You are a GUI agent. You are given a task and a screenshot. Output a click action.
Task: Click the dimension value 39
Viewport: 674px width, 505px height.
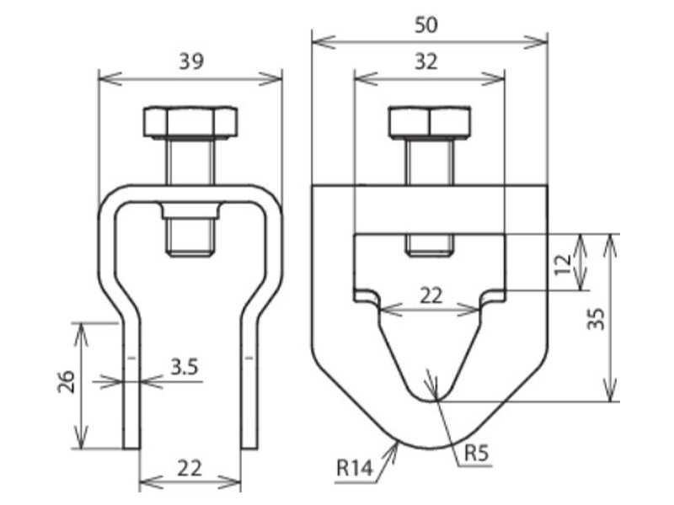pyautogui.click(x=191, y=61)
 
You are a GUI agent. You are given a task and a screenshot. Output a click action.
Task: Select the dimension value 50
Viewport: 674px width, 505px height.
pyautogui.click(x=426, y=25)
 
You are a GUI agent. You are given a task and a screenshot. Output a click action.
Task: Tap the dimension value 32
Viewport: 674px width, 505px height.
pyautogui.click(x=426, y=61)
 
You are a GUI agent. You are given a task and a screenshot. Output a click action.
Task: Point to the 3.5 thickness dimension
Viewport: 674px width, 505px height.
pyautogui.click(x=185, y=367)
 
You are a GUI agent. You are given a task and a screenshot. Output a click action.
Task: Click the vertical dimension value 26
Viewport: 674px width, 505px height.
pyautogui.click(x=67, y=381)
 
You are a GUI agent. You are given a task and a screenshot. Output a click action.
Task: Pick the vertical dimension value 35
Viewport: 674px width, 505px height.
pyautogui.click(x=596, y=319)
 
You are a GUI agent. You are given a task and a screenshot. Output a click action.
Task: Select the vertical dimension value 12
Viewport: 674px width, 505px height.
pyautogui.click(x=562, y=265)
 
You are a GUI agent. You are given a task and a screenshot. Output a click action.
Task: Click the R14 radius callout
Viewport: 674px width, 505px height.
pyautogui.click(x=354, y=468)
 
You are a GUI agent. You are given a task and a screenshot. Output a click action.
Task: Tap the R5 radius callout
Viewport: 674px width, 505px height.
pyautogui.click(x=477, y=453)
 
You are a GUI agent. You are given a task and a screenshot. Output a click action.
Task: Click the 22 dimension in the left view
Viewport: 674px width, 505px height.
pyautogui.click(x=190, y=468)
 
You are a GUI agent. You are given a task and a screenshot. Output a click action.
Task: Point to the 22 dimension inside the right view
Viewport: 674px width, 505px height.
pyautogui.click(x=431, y=295)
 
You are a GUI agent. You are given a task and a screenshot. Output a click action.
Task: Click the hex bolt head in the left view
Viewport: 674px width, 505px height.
pyautogui.click(x=190, y=122)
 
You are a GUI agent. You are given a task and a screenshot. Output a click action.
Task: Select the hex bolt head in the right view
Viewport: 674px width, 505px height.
pyautogui.click(x=430, y=122)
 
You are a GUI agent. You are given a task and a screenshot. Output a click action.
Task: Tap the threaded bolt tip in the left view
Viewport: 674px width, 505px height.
pyautogui.click(x=190, y=237)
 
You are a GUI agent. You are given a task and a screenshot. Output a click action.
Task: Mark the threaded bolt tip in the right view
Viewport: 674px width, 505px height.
pyautogui.click(x=430, y=246)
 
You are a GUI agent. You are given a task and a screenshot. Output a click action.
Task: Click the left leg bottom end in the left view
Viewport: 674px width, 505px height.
pyautogui.click(x=131, y=448)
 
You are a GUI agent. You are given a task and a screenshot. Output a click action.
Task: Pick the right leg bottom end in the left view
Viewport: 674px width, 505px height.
pyautogui.click(x=249, y=448)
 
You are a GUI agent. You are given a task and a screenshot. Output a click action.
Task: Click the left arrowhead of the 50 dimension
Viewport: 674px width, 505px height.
pyautogui.click(x=324, y=42)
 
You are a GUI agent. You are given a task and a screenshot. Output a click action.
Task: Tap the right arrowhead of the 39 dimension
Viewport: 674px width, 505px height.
pyautogui.click(x=270, y=79)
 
